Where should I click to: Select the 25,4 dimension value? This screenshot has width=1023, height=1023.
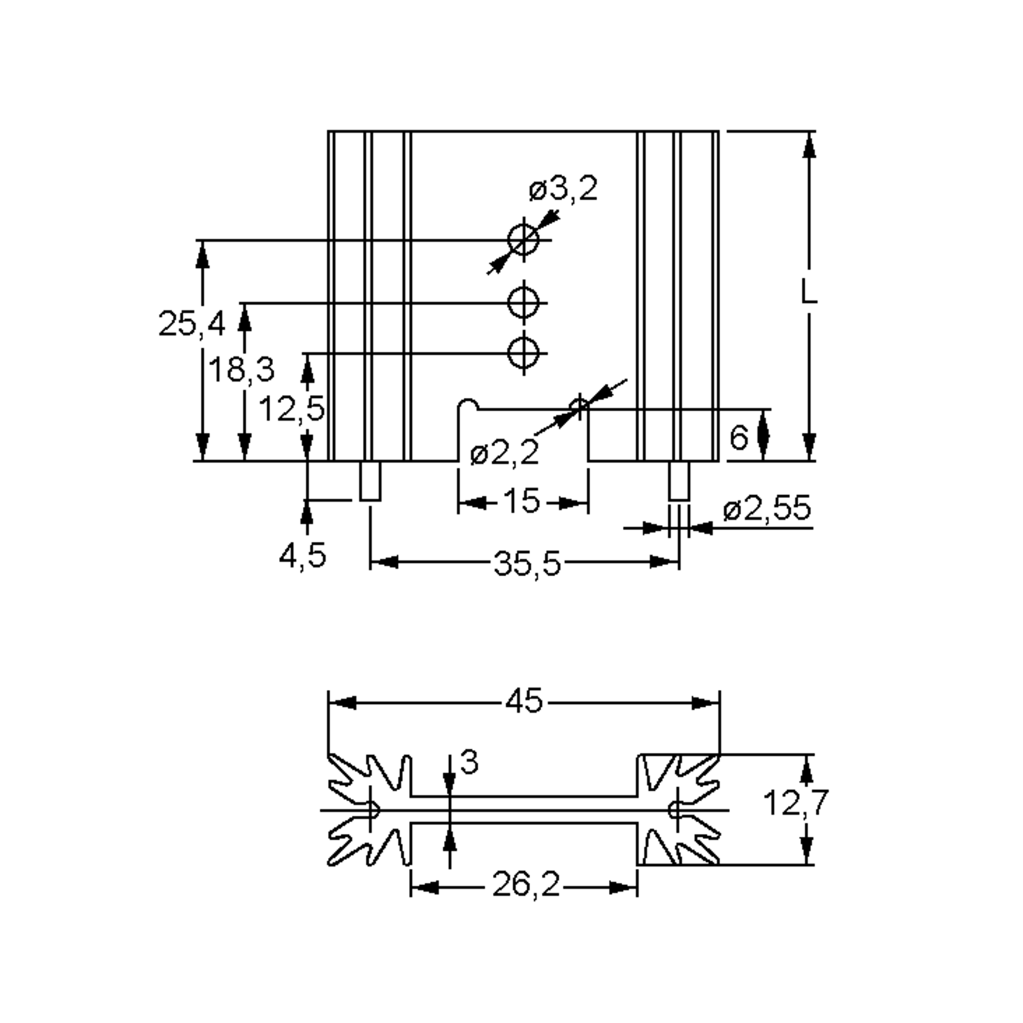192,324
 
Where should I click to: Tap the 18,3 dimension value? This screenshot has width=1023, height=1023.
242,370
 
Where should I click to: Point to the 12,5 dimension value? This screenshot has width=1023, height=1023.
291,409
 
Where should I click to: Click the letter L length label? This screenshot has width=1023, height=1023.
808,292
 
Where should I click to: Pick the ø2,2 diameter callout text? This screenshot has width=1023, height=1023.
504,453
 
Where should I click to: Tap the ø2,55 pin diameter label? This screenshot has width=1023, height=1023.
767,509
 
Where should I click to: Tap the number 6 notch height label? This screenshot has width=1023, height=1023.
739,438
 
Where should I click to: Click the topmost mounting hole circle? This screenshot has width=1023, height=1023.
523,240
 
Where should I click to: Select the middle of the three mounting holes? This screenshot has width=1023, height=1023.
523,303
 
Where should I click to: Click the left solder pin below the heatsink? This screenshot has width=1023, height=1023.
370,481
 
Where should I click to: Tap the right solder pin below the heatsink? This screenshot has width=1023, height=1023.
679,481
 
